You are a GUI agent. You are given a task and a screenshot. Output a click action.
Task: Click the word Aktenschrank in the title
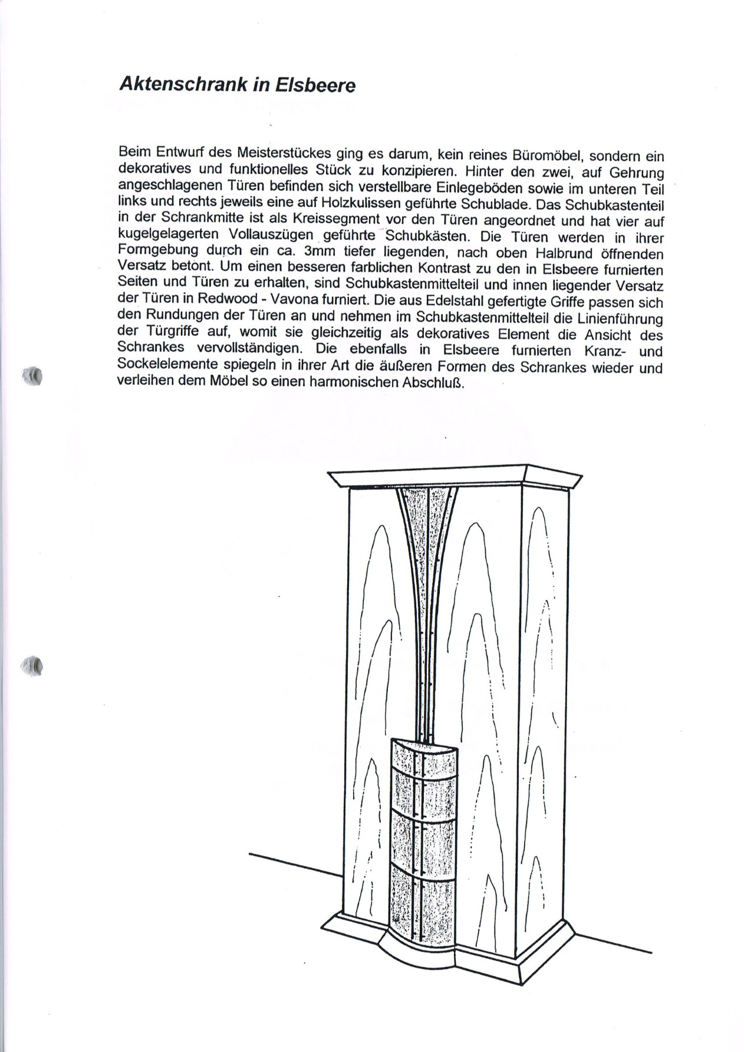tap(182, 84)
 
